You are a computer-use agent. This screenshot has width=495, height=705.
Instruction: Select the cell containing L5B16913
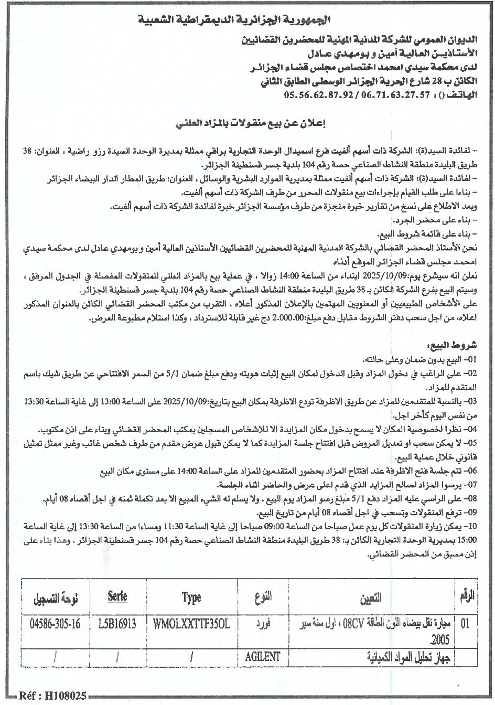117,624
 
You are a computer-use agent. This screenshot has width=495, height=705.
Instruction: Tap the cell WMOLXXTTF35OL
191,624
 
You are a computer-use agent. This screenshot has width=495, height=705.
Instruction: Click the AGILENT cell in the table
262,656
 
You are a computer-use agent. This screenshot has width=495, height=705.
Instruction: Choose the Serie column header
117,597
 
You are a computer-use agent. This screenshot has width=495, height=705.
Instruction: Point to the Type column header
191,597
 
